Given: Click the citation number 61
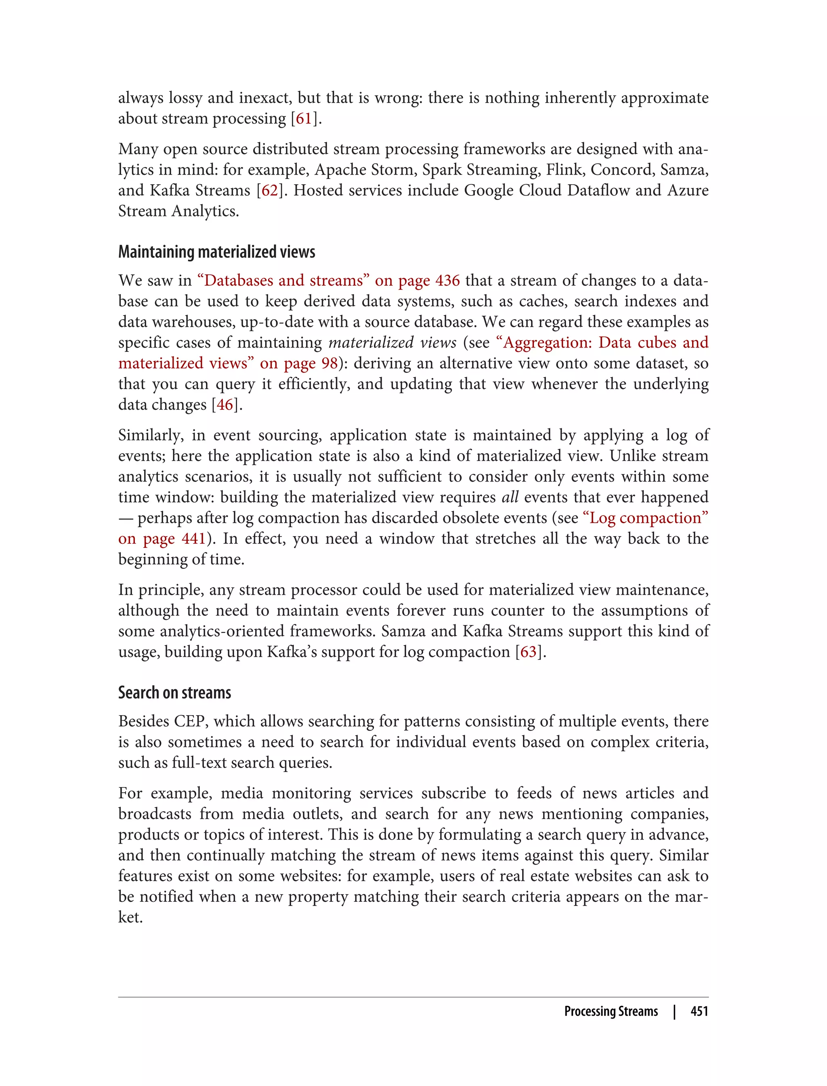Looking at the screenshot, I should [x=303, y=119].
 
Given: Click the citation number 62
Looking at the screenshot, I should [x=269, y=191].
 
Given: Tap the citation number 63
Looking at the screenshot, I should [x=528, y=652].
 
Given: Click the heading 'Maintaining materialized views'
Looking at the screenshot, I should [x=216, y=252].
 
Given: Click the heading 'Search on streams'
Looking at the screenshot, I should [x=175, y=693].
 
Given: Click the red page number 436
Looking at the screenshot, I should [x=447, y=281].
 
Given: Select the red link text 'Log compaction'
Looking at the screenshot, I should [x=645, y=518].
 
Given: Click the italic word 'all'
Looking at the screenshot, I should [x=510, y=497].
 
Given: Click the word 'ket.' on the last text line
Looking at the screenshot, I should [x=130, y=918].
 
